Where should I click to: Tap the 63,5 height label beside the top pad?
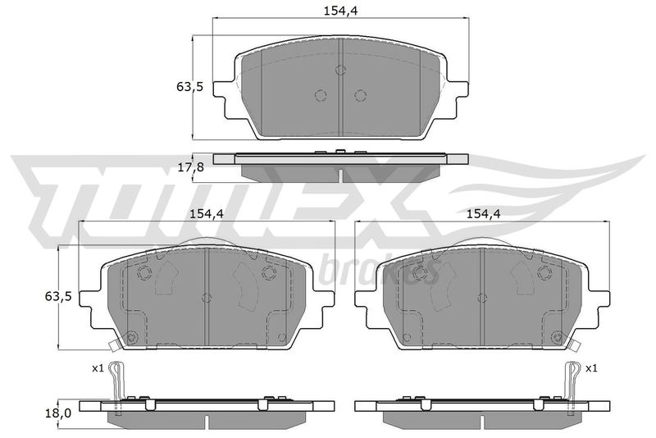point(190,88)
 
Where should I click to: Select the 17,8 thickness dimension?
point(190,167)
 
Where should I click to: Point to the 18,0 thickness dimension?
point(58,413)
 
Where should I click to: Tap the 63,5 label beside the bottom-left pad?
point(58,297)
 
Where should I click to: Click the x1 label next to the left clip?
point(98,368)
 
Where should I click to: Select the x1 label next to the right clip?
point(591,368)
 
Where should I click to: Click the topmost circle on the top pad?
point(341,70)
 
